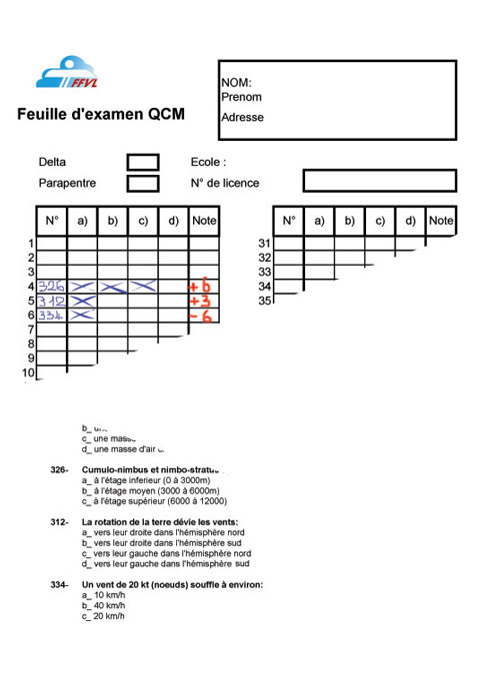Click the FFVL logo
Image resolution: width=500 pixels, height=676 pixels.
click(x=72, y=73)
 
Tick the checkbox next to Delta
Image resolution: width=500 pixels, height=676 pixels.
click(x=143, y=162)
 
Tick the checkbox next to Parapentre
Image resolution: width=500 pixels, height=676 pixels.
click(x=143, y=183)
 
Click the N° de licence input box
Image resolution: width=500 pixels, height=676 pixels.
click(x=379, y=181)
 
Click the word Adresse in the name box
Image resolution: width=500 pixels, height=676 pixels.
click(x=242, y=117)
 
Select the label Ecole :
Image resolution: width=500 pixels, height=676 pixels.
click(x=208, y=162)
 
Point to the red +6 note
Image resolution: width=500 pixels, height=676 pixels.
click(x=202, y=288)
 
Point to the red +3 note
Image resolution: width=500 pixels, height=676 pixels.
click(x=201, y=302)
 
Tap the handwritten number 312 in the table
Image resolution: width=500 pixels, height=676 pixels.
click(x=52, y=302)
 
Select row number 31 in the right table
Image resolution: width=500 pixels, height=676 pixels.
click(x=265, y=244)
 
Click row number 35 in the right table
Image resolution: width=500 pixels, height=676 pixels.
click(x=265, y=301)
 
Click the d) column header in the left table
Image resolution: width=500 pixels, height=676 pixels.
click(x=173, y=221)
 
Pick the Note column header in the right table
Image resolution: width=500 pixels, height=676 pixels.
click(x=441, y=221)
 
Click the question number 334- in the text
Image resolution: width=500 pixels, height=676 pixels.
click(x=59, y=584)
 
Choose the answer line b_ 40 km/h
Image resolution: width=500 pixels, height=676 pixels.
click(x=104, y=605)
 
